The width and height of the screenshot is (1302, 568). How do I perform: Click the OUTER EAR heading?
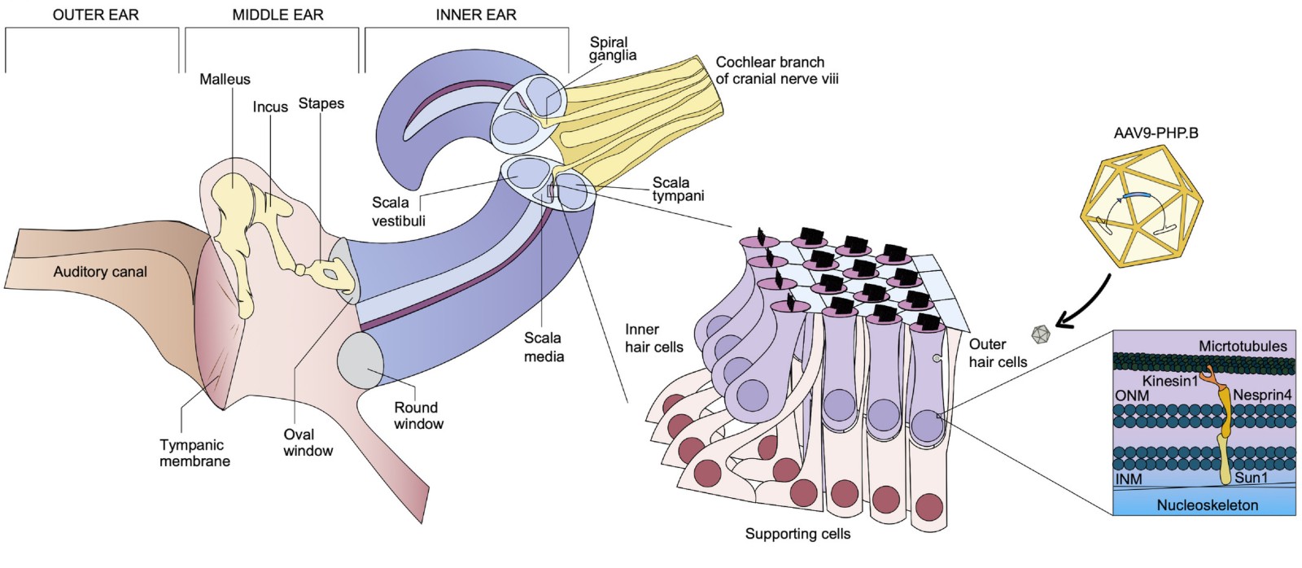click(x=95, y=15)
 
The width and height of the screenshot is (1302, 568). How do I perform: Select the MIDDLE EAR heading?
click(x=277, y=15)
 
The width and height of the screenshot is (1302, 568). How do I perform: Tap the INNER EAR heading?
click(x=475, y=15)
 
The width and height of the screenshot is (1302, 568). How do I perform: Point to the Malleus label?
click(x=225, y=79)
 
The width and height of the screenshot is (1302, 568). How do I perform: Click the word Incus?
click(x=270, y=107)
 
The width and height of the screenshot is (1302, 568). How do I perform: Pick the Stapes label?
click(x=321, y=103)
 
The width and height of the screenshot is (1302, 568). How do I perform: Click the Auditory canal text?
click(x=100, y=272)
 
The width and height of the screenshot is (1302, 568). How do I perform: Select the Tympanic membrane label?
click(x=194, y=453)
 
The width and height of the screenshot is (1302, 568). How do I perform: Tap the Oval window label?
click(x=308, y=443)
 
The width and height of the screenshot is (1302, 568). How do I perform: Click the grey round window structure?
click(x=361, y=358)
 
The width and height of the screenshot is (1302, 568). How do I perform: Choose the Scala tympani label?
click(x=678, y=189)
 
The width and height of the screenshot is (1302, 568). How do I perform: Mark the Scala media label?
click(x=544, y=347)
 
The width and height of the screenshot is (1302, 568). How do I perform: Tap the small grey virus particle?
click(x=1041, y=334)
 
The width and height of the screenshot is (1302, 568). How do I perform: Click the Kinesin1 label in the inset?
click(x=1169, y=381)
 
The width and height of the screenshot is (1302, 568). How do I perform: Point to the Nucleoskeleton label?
click(x=1207, y=505)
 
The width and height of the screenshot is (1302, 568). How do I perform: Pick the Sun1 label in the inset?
click(x=1251, y=478)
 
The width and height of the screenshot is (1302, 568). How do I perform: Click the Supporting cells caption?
click(x=797, y=534)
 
